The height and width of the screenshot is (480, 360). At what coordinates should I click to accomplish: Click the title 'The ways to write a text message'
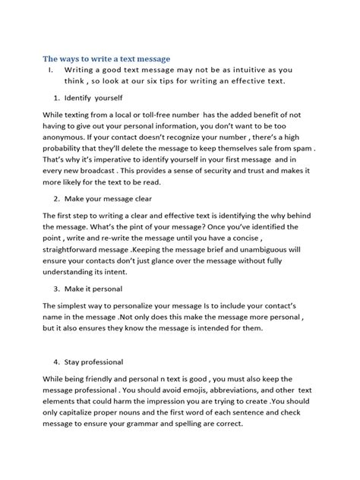[106, 58]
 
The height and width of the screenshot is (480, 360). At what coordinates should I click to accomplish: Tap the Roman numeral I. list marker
[50, 70]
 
